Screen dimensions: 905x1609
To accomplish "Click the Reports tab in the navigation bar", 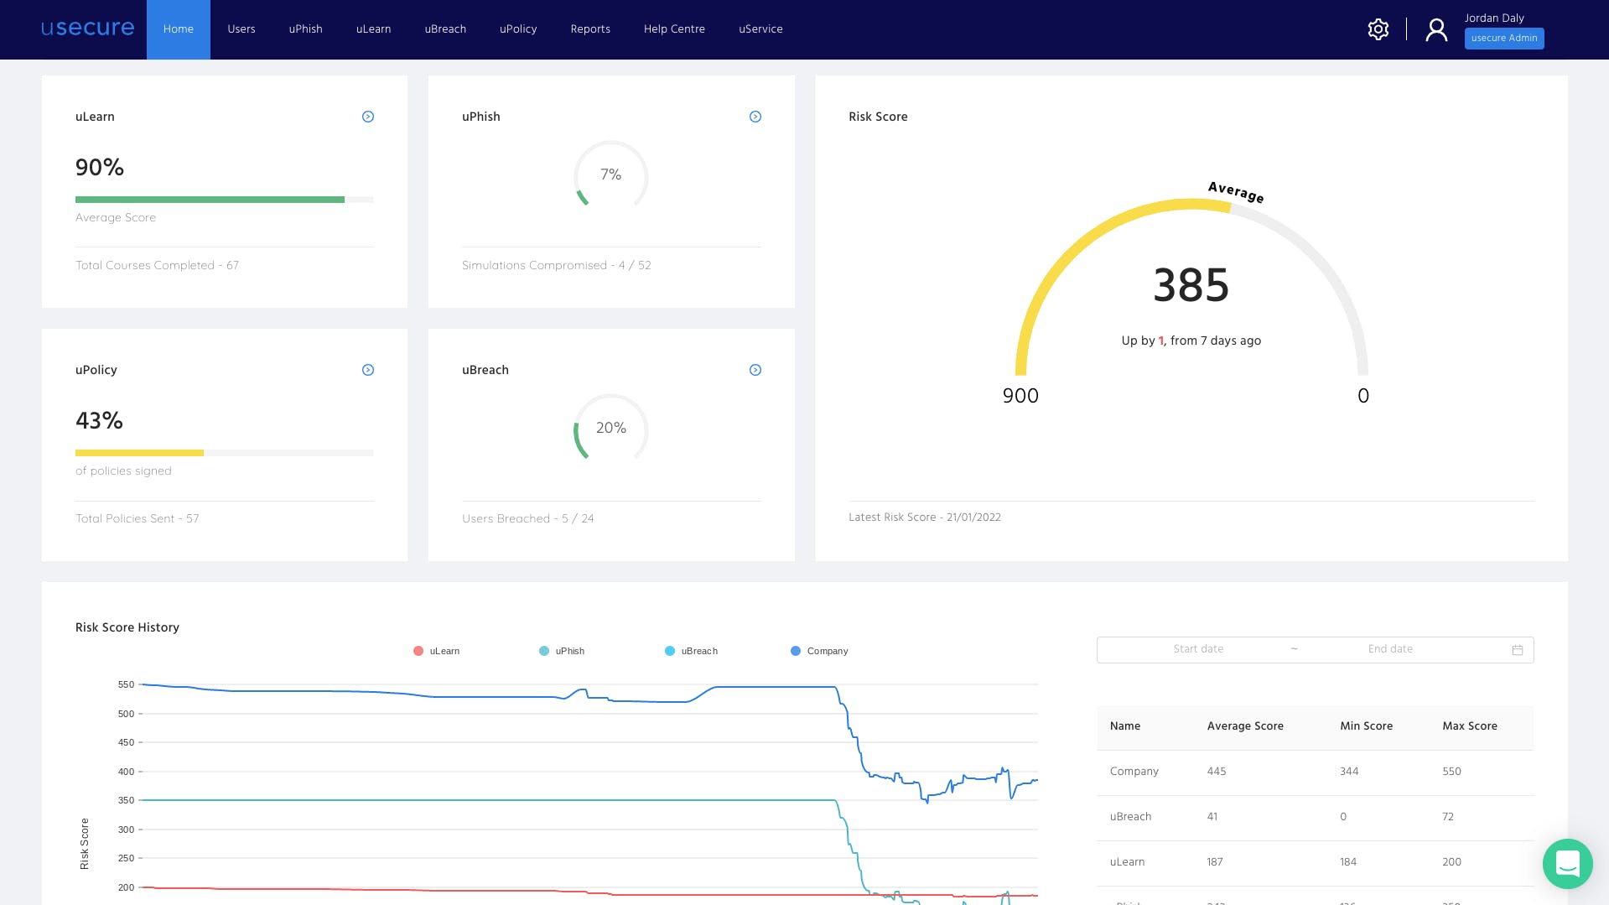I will [x=590, y=29].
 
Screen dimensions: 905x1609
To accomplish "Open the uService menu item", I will [x=760, y=29].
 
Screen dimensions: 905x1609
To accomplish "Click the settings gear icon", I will [x=1378, y=29].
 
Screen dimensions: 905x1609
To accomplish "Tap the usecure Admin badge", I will [x=1504, y=39].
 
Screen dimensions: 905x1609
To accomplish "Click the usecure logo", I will [x=88, y=28].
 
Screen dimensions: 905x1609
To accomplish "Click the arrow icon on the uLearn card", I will [x=368, y=117].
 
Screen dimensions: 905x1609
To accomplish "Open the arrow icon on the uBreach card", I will [x=755, y=370].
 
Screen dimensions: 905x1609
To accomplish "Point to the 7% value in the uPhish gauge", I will [x=611, y=174].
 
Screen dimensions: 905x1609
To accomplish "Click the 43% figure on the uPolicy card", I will [x=100, y=420].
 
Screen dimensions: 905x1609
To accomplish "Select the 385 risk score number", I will [x=1191, y=285].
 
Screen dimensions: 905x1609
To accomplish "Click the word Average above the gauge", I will [x=1236, y=192].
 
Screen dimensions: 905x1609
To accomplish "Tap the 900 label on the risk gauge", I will [x=1020, y=396].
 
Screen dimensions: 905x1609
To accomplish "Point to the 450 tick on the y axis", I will [x=126, y=742].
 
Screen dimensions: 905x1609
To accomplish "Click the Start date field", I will [x=1198, y=649].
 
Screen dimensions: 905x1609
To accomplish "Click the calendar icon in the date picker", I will [x=1518, y=650].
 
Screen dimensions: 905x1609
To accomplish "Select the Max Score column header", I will [x=1470, y=726].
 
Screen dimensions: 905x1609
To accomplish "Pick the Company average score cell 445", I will [x=1217, y=772].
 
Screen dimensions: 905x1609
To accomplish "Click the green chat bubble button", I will [x=1567, y=863].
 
